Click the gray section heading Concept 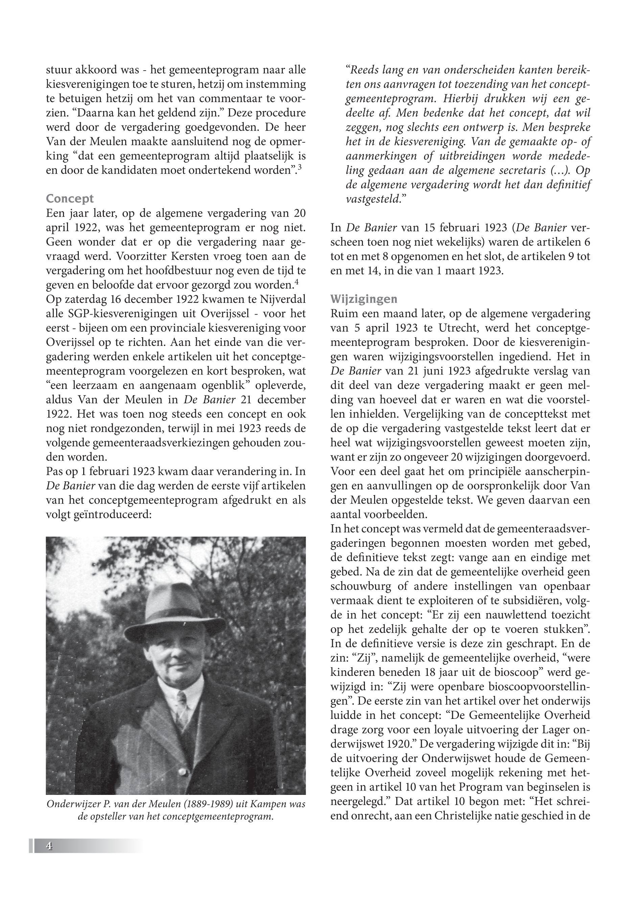(x=70, y=199)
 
